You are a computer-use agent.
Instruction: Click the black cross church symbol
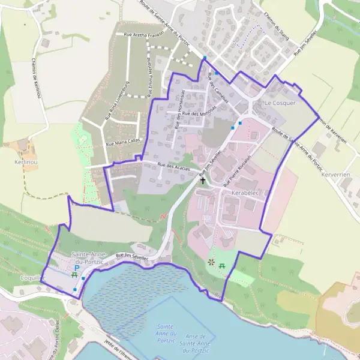coord(202,179)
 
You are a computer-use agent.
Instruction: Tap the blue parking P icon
coord(77,268)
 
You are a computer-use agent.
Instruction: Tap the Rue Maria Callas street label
coord(124,143)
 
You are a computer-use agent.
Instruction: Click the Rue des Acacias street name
coord(174,164)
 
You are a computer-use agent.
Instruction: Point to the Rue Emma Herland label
coord(149,74)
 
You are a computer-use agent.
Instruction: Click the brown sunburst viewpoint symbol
coord(211,262)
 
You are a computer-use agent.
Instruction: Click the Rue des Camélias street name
coord(216,88)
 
